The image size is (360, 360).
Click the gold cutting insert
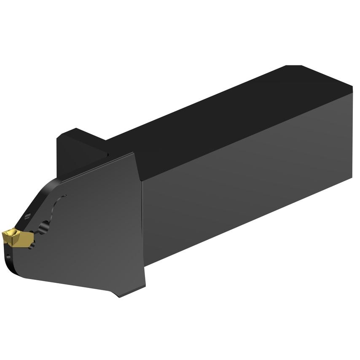18,238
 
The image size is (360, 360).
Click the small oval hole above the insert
28,216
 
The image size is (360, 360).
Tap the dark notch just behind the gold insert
33,244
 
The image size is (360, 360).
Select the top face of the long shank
236,118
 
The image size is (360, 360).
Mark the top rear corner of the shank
352,89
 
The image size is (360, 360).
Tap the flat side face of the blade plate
93,236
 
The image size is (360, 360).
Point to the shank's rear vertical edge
352,135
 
